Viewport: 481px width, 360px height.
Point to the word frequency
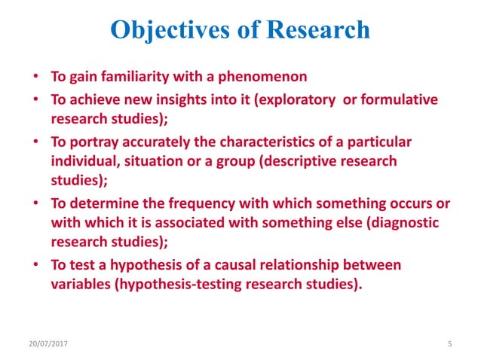179,204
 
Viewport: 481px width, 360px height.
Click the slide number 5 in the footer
449,343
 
